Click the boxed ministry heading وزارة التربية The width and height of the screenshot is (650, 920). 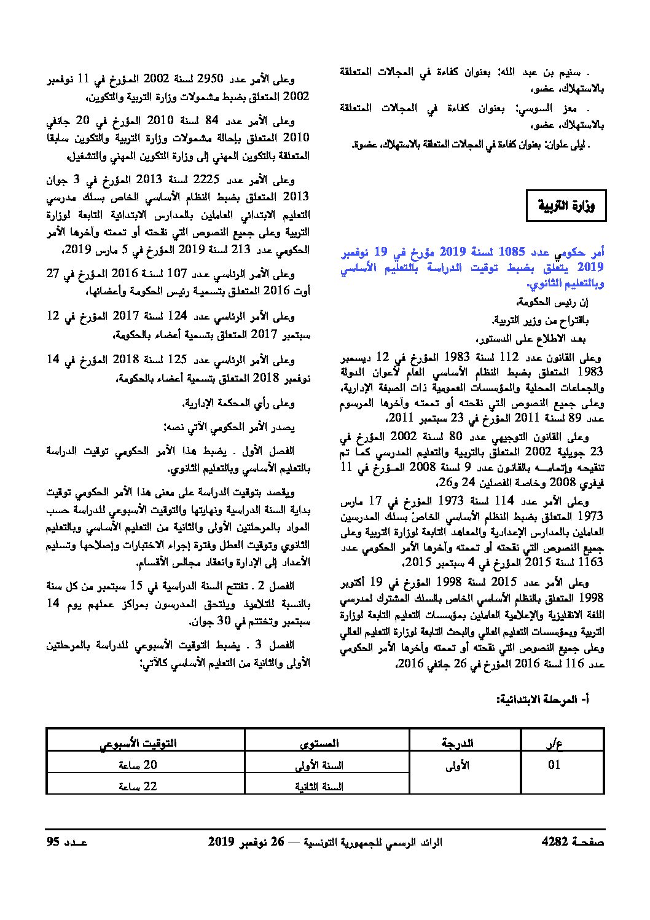click(x=566, y=205)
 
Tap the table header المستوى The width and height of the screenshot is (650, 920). click(x=319, y=743)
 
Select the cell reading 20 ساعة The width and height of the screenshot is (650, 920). click(x=138, y=765)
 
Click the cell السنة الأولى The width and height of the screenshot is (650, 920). click(x=319, y=765)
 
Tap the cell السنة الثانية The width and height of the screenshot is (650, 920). click(x=319, y=787)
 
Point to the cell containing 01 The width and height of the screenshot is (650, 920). click(x=554, y=765)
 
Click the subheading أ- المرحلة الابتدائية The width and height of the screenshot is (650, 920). click(x=544, y=699)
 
